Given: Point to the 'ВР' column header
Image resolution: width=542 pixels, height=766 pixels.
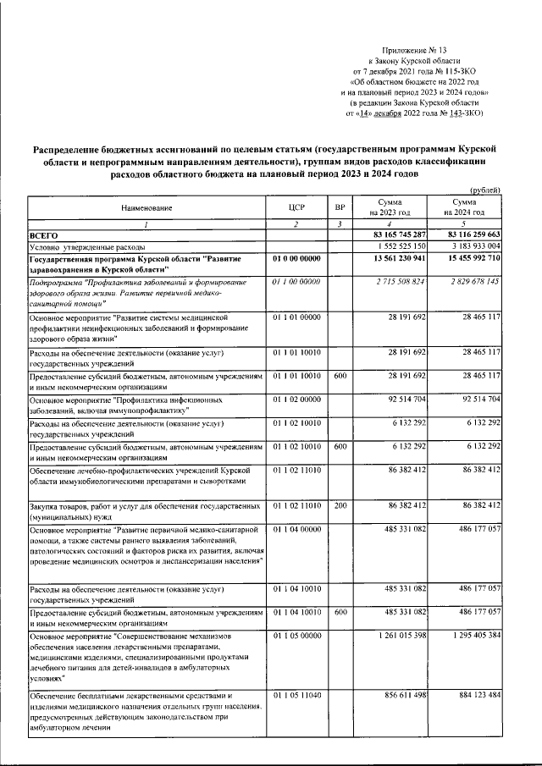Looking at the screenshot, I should tap(340, 207).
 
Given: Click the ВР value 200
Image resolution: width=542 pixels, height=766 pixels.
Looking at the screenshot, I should tap(340, 505).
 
